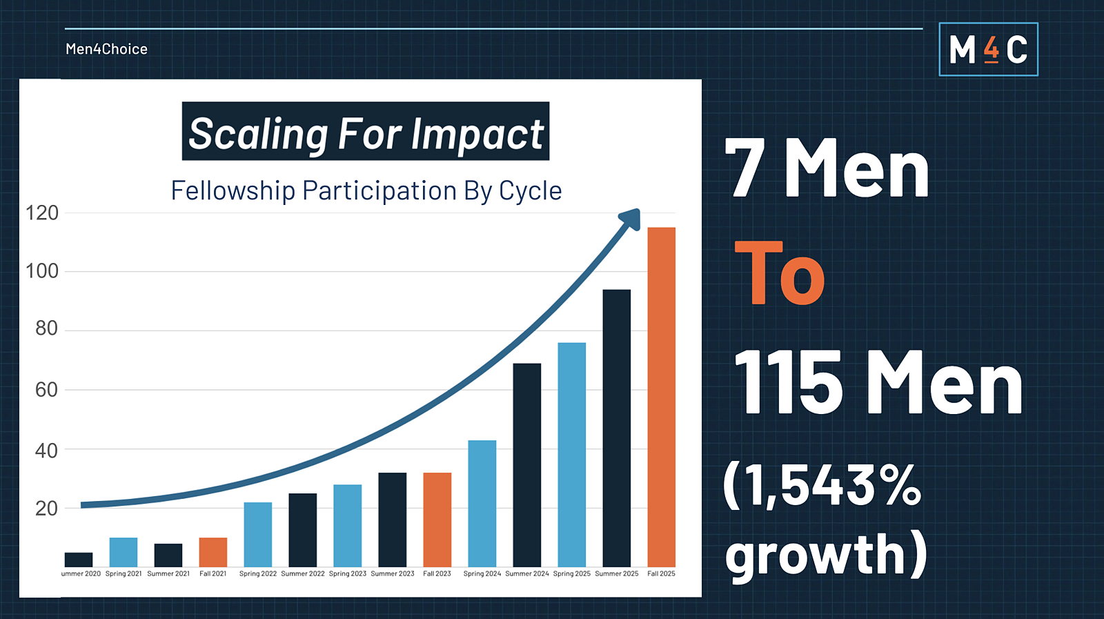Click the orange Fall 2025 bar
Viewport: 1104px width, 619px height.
pyautogui.click(x=661, y=397)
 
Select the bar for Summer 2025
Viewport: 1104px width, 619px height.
pyautogui.click(x=616, y=428)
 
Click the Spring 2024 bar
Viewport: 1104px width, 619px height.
pyautogui.click(x=482, y=503)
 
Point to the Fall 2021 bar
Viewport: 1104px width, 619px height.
pyautogui.click(x=213, y=552)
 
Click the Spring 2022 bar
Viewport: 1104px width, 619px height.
pyautogui.click(x=257, y=534)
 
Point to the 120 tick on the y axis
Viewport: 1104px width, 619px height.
pyautogui.click(x=42, y=213)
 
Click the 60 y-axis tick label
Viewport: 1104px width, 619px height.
pyautogui.click(x=46, y=390)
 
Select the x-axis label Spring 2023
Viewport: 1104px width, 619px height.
pyautogui.click(x=348, y=573)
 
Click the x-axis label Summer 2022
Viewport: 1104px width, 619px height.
pyautogui.click(x=303, y=573)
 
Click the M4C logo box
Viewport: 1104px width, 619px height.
pyautogui.click(x=988, y=50)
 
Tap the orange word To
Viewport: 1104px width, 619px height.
pyautogui.click(x=780, y=273)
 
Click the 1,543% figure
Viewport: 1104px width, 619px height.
pyautogui.click(x=822, y=485)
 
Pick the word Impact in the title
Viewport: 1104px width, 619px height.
pyautogui.click(x=477, y=134)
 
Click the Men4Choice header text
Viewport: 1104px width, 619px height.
pyautogui.click(x=106, y=49)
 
